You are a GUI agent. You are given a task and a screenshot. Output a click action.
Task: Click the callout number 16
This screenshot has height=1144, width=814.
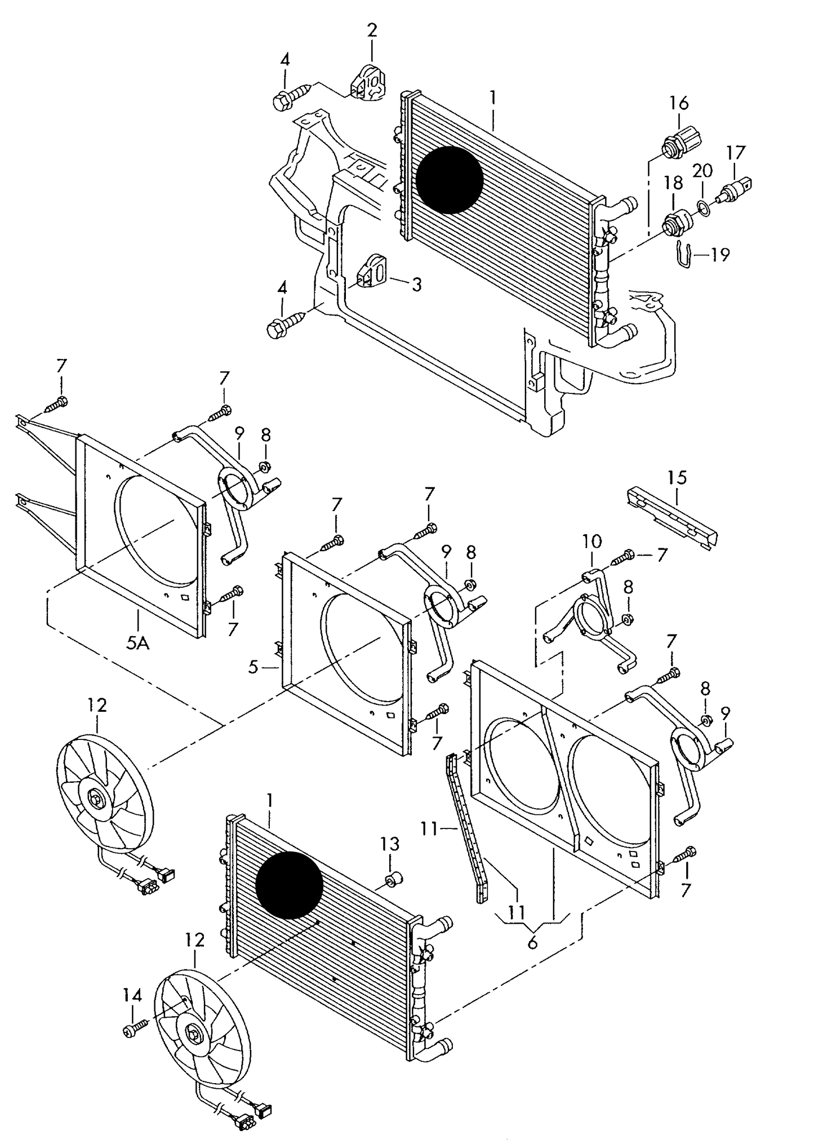679,103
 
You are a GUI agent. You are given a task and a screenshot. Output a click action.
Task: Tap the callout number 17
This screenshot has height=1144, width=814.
735,153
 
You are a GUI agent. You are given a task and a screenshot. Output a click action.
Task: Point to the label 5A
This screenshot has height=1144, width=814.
137,643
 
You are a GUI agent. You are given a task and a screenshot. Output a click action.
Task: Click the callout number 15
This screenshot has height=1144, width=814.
678,478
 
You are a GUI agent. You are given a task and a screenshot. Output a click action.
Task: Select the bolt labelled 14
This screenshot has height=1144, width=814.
134,1030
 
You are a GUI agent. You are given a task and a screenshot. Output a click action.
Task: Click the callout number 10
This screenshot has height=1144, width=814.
591,542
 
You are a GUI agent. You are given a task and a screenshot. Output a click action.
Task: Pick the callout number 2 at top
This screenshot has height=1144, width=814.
372,30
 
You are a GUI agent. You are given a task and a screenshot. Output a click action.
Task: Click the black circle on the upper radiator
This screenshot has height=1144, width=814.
450,180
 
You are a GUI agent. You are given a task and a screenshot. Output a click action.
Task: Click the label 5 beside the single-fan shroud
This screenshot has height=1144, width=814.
253,668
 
